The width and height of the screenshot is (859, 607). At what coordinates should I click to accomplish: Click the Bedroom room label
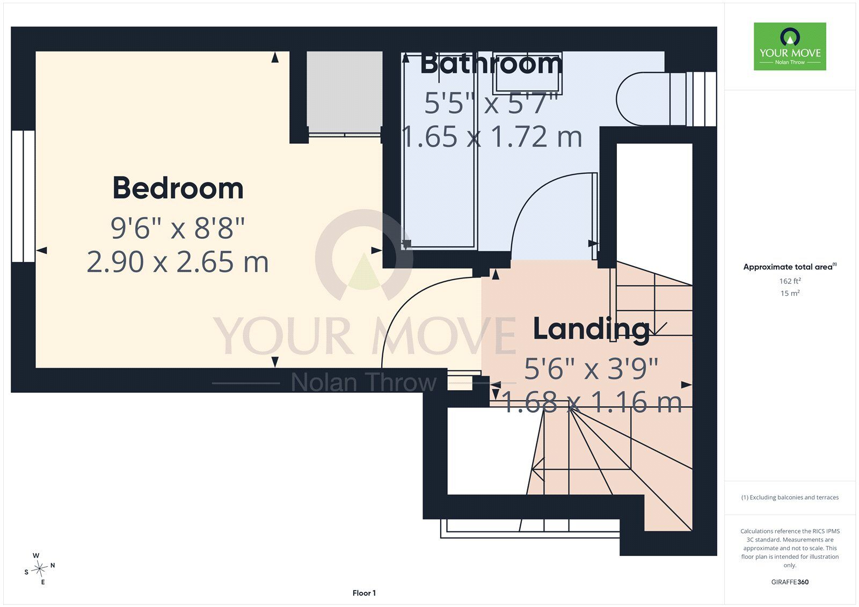click(178, 188)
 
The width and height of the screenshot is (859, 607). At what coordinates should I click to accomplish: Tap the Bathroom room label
click(491, 64)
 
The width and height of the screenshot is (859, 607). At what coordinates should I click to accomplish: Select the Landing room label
click(591, 329)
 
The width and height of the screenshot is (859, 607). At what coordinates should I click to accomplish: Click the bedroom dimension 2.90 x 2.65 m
click(178, 262)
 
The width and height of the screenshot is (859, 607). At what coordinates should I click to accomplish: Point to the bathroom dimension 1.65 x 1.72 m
click(492, 136)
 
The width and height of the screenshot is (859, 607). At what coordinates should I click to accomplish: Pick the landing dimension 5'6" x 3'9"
click(591, 369)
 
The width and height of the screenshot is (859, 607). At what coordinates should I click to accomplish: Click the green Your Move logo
click(790, 46)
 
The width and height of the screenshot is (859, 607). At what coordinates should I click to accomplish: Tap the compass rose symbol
click(39, 569)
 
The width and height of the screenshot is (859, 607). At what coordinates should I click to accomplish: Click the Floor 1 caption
click(365, 593)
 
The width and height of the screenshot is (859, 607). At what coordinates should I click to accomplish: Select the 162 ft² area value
click(790, 281)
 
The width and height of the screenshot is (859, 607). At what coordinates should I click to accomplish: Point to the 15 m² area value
click(790, 294)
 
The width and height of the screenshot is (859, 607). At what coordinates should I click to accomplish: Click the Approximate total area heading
click(790, 267)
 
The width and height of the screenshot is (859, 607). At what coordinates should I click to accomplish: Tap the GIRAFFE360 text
click(790, 582)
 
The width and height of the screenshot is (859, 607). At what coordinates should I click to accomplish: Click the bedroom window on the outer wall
click(24, 196)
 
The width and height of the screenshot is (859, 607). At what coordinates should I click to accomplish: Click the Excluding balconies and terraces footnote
click(790, 498)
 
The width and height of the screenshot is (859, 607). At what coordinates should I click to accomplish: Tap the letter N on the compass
click(53, 565)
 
